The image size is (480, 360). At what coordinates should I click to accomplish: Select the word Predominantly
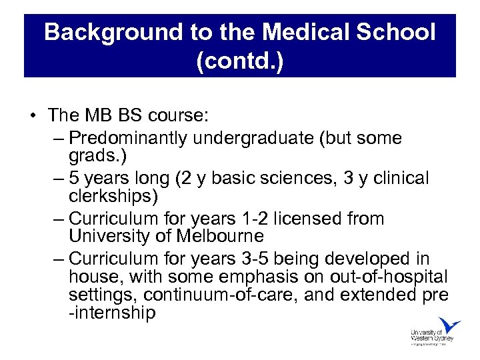click(x=128, y=139)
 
